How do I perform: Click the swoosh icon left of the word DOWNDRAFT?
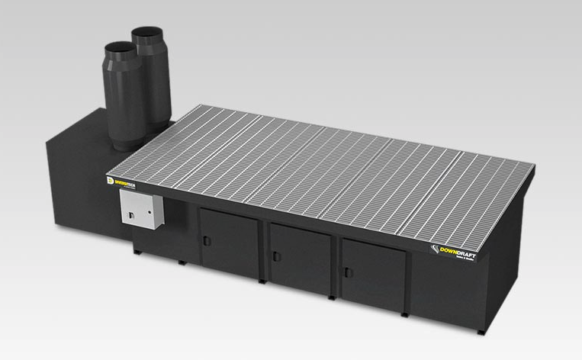(436, 249)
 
